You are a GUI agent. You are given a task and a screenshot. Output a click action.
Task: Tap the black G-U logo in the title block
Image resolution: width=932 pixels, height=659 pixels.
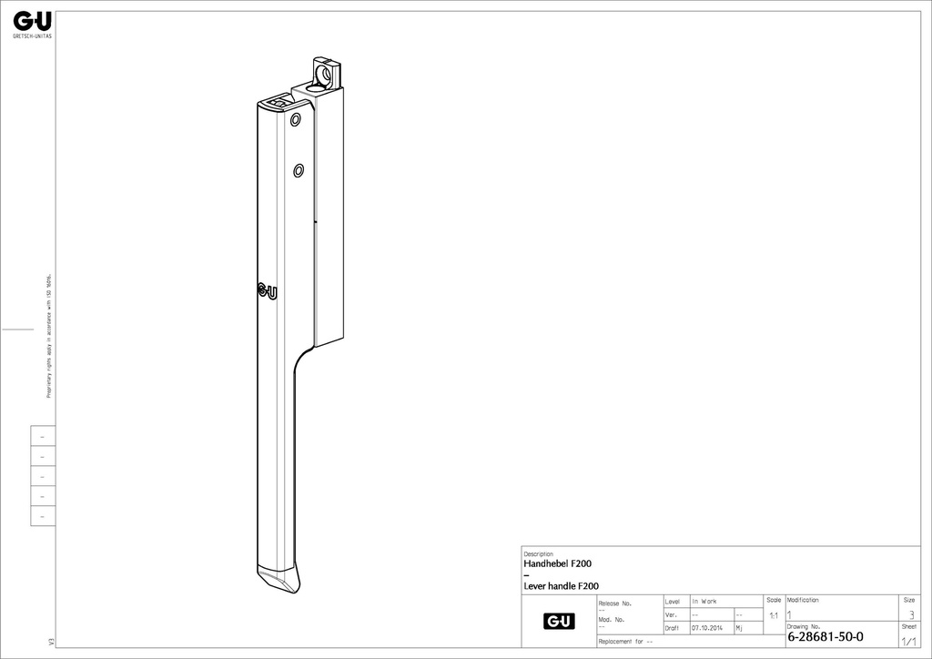[559, 621]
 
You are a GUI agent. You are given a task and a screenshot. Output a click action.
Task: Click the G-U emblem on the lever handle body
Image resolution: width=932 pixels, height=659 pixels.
[268, 291]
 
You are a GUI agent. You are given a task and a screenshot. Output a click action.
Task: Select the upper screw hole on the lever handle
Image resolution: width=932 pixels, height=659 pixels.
[295, 120]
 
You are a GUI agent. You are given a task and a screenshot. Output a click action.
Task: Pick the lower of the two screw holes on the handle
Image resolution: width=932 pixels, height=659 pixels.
[298, 169]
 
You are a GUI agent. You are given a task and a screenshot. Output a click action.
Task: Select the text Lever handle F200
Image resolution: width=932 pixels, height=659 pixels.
[561, 586]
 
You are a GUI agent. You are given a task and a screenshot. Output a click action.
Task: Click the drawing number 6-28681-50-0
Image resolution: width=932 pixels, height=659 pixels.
[826, 636]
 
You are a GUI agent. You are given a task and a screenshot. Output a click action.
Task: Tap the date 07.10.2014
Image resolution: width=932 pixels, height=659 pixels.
[706, 628]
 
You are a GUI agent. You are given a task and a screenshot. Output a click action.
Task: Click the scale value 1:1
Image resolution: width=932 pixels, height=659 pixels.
[774, 616]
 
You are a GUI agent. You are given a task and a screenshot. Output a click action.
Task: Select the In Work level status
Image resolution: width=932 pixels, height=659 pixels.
[704, 602]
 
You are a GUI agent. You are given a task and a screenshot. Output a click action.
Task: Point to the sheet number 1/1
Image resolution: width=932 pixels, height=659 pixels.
[908, 641]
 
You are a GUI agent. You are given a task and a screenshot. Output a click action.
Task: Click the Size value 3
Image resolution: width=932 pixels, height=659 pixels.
[911, 615]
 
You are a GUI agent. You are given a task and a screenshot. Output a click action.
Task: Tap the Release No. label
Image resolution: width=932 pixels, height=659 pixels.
[614, 603]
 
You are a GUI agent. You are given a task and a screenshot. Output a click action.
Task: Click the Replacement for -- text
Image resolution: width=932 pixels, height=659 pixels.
[625, 642]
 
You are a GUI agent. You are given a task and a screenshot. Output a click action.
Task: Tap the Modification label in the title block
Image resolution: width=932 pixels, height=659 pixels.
[803, 600]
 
